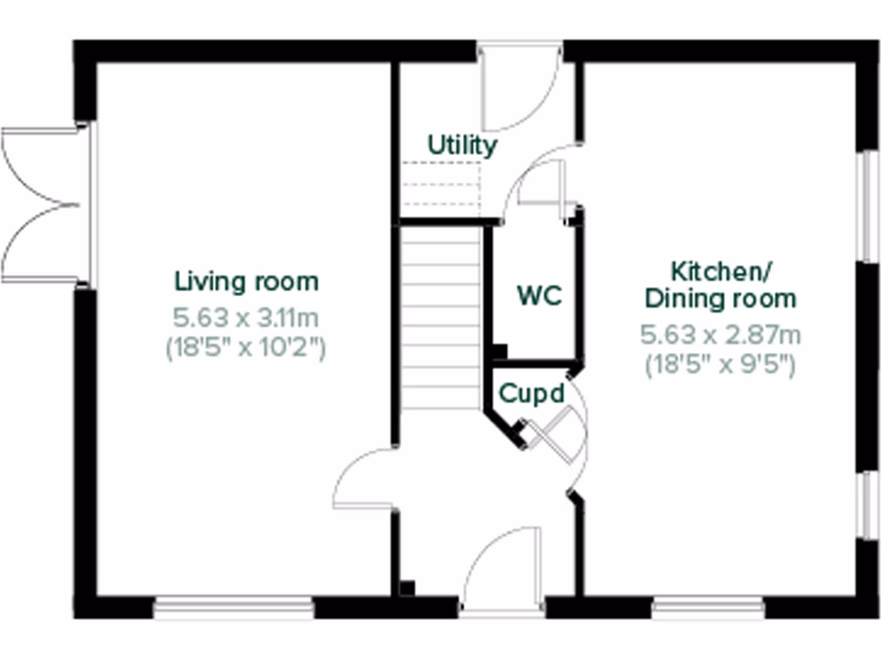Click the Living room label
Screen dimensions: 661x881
(246, 281)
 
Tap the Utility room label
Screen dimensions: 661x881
(462, 145)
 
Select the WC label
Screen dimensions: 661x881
(539, 295)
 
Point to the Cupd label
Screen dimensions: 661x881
(533, 394)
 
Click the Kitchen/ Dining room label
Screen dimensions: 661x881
(721, 285)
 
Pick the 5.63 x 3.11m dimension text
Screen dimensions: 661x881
(246, 318)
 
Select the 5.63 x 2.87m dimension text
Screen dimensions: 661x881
(721, 334)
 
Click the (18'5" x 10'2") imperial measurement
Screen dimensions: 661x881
(246, 349)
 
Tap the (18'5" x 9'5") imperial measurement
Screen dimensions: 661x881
(721, 364)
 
